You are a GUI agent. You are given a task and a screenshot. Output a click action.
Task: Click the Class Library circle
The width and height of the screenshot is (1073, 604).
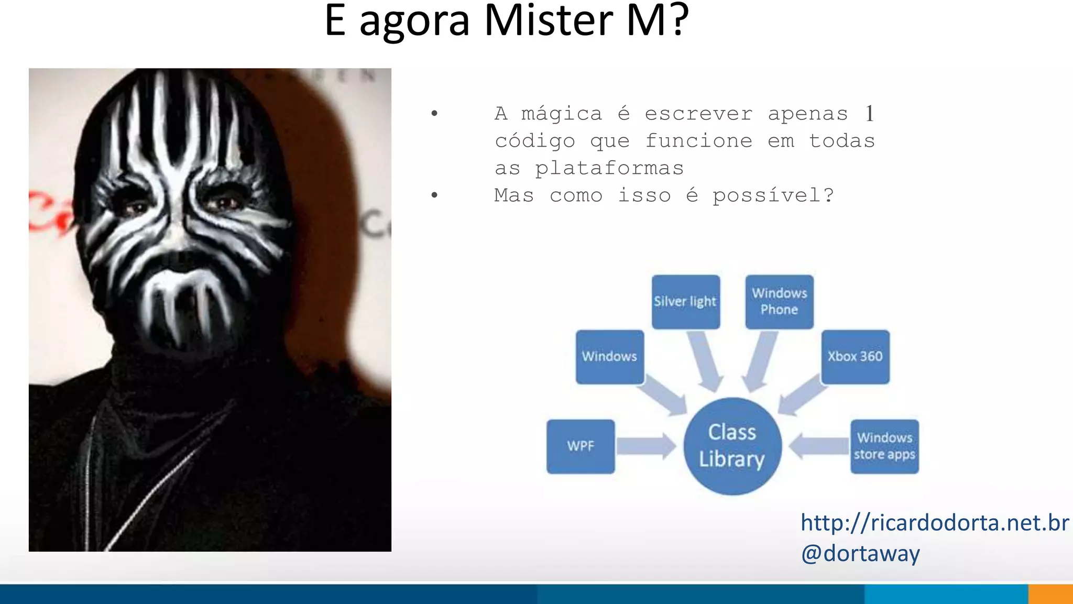(732, 446)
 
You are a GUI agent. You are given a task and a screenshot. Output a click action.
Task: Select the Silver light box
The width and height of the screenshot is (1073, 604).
(685, 302)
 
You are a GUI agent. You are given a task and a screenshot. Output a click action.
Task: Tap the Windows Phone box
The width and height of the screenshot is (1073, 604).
(779, 302)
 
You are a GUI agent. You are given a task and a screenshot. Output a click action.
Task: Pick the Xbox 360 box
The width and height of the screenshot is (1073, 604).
(855, 357)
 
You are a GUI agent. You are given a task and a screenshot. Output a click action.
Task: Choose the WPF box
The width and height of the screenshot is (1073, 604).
(581, 446)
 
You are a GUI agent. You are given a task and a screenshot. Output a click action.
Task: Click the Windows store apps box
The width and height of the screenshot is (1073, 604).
(884, 446)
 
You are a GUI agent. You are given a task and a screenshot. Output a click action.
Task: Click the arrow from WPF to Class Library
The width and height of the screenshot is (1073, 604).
(646, 446)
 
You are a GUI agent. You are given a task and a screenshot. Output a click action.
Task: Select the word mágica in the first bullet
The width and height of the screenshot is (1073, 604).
(562, 114)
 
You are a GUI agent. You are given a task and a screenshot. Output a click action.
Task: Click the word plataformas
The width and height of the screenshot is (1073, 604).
(609, 169)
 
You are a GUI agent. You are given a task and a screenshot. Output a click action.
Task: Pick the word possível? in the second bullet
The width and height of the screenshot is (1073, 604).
(773, 195)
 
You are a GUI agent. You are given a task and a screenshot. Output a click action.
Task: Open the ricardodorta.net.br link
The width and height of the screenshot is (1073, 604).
(934, 523)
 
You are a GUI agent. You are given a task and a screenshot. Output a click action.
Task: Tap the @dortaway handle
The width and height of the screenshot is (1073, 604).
(860, 554)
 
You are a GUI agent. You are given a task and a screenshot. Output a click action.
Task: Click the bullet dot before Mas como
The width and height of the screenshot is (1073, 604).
(434, 195)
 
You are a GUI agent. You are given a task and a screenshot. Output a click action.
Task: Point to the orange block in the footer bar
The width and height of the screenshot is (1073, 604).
(1050, 595)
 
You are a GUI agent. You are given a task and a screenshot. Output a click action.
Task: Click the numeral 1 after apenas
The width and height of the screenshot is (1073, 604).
(869, 114)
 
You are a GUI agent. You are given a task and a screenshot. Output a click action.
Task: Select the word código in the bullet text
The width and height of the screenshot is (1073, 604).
(535, 141)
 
